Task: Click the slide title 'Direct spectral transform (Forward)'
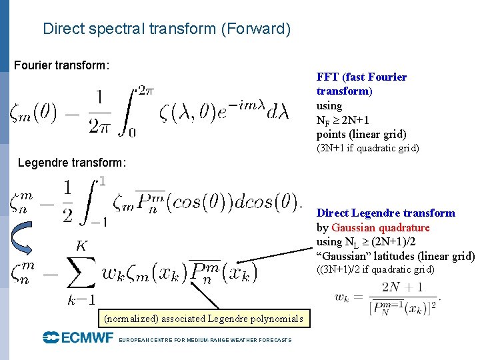pyautogui.click(x=167, y=29)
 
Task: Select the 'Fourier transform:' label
pyautogui.click(x=62, y=65)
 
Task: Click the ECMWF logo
pyautogui.click(x=78, y=338)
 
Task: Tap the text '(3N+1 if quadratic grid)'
pyautogui.click(x=367, y=148)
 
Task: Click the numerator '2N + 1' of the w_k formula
pyautogui.click(x=402, y=287)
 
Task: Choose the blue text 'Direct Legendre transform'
pyautogui.click(x=385, y=213)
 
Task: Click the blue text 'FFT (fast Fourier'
pyautogui.click(x=361, y=77)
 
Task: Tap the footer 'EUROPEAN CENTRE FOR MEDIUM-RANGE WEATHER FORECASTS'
pyautogui.click(x=205, y=340)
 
